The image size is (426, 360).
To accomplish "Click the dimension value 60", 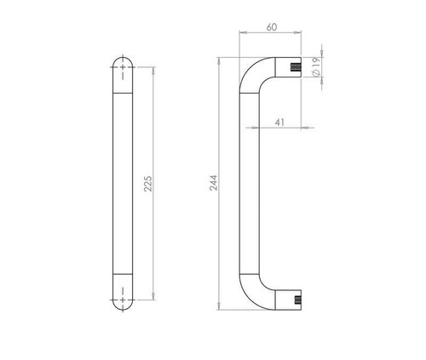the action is tap(272, 27).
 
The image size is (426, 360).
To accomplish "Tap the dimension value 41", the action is tap(279, 123).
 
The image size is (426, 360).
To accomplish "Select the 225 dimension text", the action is tap(147, 184).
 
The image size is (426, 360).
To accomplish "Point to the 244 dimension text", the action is tap(214, 183).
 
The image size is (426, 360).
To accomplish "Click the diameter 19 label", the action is tap(316, 66).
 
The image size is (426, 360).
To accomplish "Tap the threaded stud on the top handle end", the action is tap(296, 67).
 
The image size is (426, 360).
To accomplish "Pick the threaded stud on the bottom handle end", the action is tap(297, 300).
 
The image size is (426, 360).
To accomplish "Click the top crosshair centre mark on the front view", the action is tap(123, 67).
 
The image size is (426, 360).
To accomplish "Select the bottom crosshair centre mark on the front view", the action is tap(123, 300).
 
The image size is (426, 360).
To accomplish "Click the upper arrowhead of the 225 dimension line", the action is tap(153, 71).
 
